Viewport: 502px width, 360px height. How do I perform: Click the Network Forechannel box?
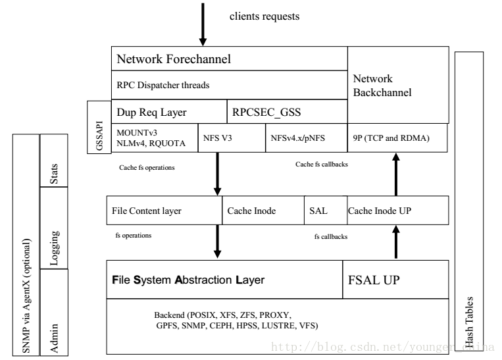coord(229,59)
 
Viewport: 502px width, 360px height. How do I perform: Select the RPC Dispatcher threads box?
coord(229,85)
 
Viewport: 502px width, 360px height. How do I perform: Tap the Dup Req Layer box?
coord(169,112)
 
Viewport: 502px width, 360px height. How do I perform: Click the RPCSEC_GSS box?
coord(287,112)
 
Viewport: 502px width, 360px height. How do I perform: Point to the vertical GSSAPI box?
coord(99,127)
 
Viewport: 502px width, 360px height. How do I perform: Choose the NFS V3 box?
coord(232,138)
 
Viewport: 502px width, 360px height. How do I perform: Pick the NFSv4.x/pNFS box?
coord(307,138)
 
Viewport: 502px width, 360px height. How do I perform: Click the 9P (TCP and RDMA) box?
coord(397,138)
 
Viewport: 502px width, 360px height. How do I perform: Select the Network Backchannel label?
coord(382,86)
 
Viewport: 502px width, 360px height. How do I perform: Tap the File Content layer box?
coord(164,211)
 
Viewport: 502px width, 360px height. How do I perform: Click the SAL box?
coord(326,211)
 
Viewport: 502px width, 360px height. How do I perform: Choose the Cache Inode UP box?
coord(398,211)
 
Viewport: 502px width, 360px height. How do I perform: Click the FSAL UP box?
coord(395,280)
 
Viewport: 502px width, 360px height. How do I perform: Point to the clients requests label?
coord(264,16)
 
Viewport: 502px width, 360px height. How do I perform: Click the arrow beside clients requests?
coord(203,24)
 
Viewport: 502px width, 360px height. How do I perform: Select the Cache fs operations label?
coord(147,168)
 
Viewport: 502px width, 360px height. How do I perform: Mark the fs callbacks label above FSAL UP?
coord(331,237)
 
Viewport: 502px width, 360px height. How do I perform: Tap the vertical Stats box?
coord(54,161)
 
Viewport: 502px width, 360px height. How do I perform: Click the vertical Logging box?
coord(54,228)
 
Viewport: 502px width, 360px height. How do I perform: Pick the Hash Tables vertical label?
coord(468,322)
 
